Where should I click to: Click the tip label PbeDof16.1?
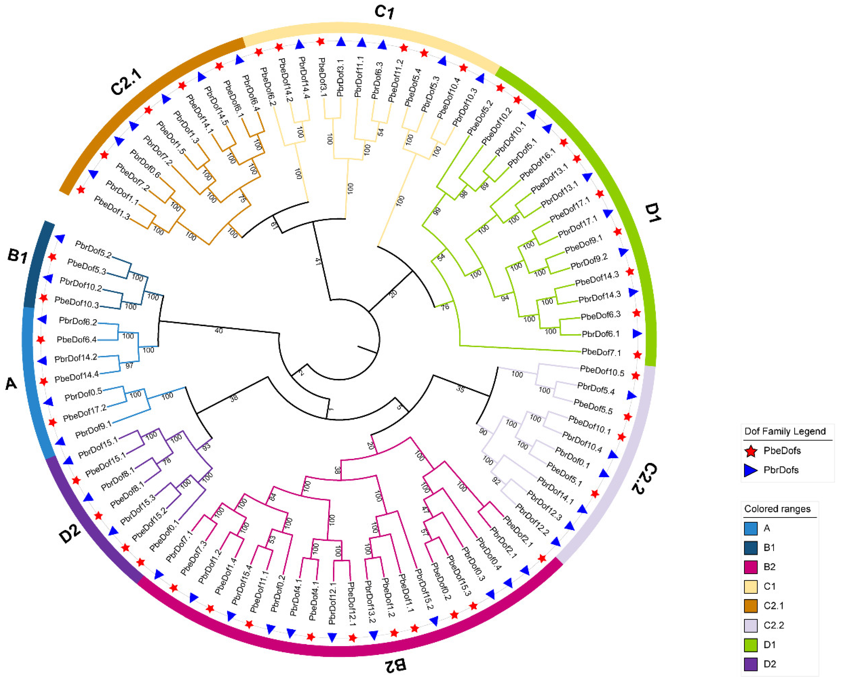pyautogui.click(x=537, y=165)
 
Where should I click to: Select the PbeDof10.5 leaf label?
pyautogui.click(x=602, y=371)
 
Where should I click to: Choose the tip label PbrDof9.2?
pyautogui.click(x=589, y=262)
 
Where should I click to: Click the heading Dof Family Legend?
pyautogui.click(x=785, y=431)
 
